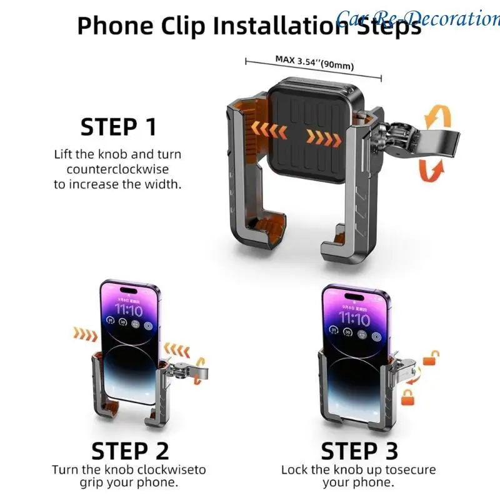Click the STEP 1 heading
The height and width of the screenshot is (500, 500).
click(118, 127)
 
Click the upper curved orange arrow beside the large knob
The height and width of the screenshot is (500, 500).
click(436, 118)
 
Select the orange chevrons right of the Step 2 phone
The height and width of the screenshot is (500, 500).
click(176, 348)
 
